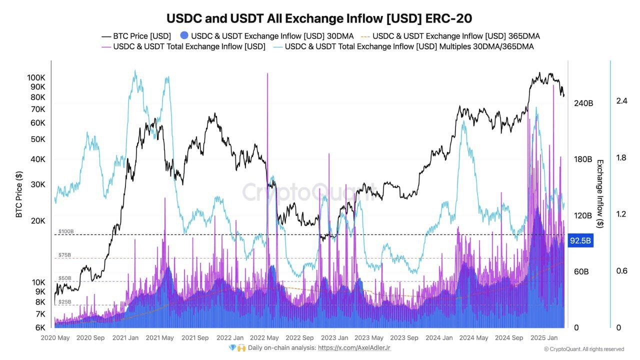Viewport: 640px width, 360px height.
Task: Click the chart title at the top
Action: pyautogui.click(x=319, y=18)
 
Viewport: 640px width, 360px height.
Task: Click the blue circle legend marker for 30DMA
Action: pyautogui.click(x=184, y=36)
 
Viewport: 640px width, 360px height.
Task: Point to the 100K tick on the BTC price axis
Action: pyautogui.click(x=36, y=78)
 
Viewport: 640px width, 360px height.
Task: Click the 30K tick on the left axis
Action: pyautogui.click(x=37, y=184)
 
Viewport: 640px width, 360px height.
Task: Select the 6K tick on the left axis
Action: pyautogui.click(x=39, y=327)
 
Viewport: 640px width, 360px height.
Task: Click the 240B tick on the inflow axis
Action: pyautogui.click(x=583, y=103)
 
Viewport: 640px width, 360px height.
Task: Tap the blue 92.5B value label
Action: pyautogui.click(x=581, y=241)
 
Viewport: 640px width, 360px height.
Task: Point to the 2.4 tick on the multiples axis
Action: pyautogui.click(x=621, y=101)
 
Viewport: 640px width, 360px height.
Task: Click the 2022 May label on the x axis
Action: pyautogui.click(x=264, y=338)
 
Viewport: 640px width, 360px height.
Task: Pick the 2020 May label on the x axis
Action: pyautogui.click(x=55, y=338)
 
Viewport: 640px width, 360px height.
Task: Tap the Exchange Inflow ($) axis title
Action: pyautogui.click(x=600, y=194)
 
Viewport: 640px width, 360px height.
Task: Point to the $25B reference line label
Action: pyautogui.click(x=65, y=302)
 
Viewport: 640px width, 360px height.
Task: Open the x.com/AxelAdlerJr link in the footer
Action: pyautogui.click(x=354, y=347)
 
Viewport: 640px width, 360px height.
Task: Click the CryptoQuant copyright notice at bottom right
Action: pyautogui.click(x=583, y=349)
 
